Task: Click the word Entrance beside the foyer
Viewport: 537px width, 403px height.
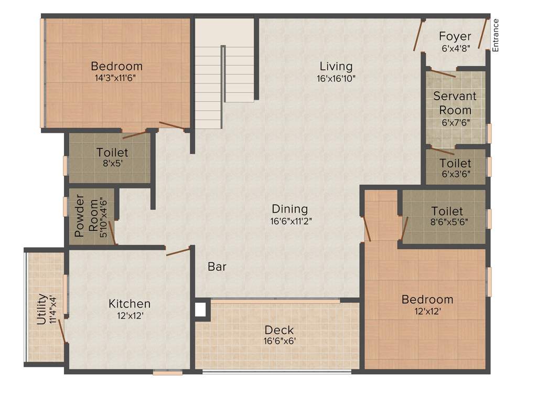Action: pos(496,35)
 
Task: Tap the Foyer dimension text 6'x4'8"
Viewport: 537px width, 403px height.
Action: pos(456,47)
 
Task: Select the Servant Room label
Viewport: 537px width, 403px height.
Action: pos(455,103)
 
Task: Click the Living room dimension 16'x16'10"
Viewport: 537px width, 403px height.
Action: pos(337,78)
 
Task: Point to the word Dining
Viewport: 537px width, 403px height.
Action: pos(289,209)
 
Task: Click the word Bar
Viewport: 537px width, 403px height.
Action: pos(217,267)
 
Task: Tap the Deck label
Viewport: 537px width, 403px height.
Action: pos(279,330)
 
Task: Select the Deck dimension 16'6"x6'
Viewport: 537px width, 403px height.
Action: pos(279,341)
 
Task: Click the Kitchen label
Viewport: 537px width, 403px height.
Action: pos(130,304)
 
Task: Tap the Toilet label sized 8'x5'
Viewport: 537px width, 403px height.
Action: pos(112,153)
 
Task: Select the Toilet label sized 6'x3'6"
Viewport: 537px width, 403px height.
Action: pos(455,164)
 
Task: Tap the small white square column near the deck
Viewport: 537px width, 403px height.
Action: pos(200,309)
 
